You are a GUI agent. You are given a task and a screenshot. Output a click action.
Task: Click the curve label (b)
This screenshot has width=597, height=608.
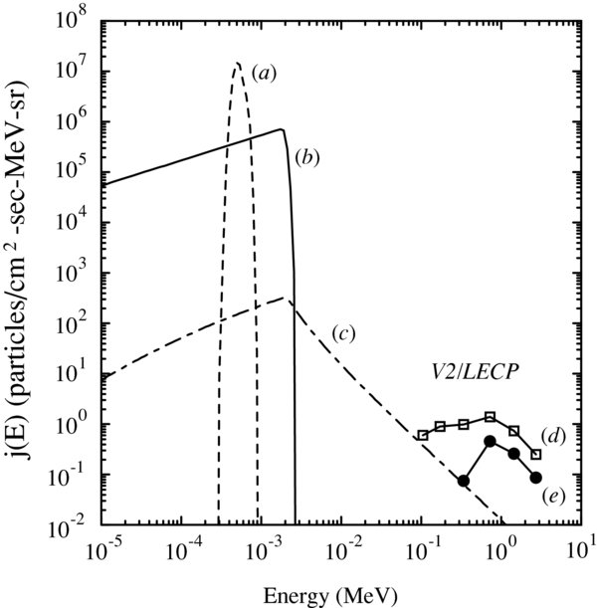[305, 156]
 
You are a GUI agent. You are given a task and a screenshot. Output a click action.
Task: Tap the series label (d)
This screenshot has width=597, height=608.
[553, 435]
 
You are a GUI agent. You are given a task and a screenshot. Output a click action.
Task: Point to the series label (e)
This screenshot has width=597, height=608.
[553, 493]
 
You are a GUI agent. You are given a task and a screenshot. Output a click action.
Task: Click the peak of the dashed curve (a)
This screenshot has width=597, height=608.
[237, 64]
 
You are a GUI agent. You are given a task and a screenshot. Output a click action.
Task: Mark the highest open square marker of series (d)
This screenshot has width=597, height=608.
[490, 416]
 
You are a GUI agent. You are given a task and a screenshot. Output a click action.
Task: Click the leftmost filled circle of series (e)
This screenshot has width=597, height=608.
[464, 481]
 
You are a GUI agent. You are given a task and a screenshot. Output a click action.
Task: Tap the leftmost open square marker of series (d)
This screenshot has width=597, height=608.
[422, 435]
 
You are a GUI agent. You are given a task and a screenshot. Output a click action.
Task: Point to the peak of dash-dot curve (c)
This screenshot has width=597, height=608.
[286, 298]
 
